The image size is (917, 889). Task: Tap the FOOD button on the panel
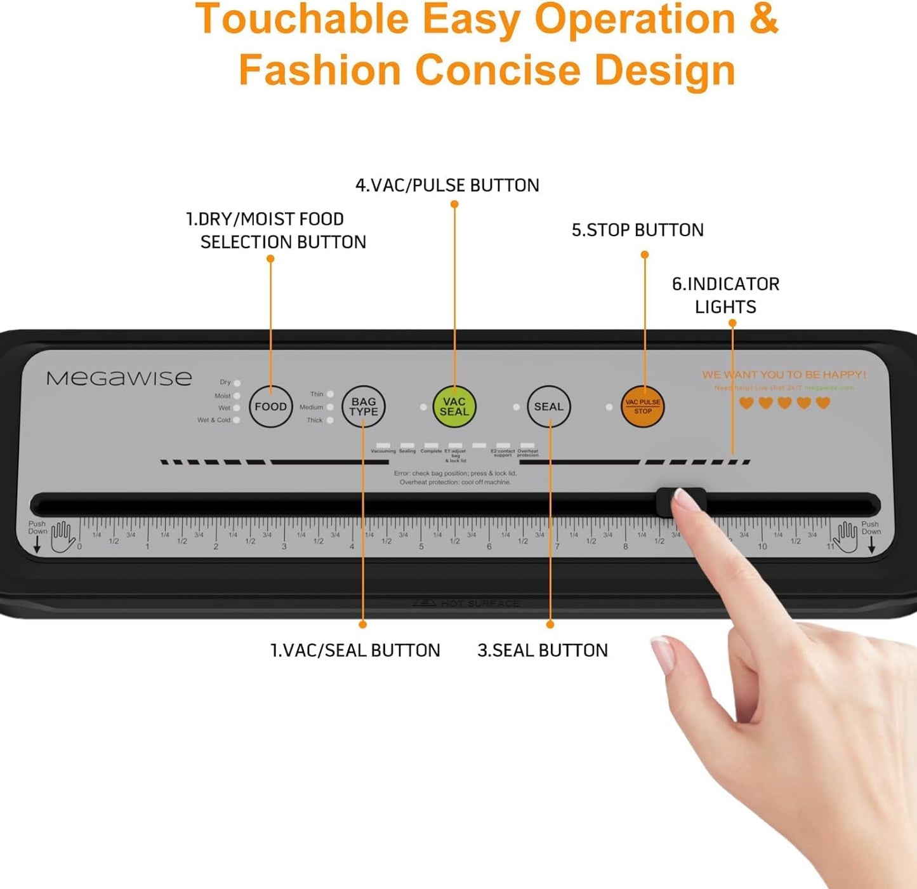click(270, 406)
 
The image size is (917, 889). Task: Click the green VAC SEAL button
click(454, 406)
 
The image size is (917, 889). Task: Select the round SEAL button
click(548, 406)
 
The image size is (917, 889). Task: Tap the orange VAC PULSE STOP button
click(642, 406)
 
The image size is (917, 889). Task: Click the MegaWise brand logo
click(119, 378)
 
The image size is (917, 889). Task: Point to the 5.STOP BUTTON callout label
click(637, 230)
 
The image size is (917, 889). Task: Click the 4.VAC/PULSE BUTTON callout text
click(447, 185)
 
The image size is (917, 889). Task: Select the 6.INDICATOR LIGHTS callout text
click(725, 295)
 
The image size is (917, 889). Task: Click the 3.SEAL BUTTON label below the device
click(543, 650)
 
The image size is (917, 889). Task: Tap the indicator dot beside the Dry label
click(237, 383)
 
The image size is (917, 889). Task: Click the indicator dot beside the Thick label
click(330, 420)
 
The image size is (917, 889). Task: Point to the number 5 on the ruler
click(421, 546)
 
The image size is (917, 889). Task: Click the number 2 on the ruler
click(216, 546)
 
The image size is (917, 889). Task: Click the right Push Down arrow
click(871, 544)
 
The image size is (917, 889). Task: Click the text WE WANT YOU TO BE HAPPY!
click(784, 375)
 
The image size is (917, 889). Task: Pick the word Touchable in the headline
click(301, 19)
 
